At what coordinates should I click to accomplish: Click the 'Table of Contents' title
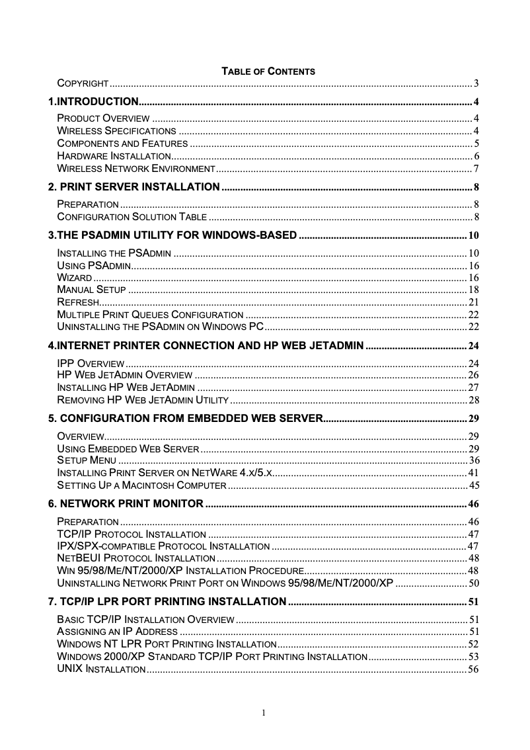pos(268,71)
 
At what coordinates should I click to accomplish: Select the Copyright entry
pos(83,83)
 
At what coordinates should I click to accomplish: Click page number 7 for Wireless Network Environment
pos(476,169)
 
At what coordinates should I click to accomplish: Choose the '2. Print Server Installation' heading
pos(134,186)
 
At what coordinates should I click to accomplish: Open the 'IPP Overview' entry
pos(91,364)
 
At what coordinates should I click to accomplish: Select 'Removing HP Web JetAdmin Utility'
pos(143,401)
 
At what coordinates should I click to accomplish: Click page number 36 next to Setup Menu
pos(473,460)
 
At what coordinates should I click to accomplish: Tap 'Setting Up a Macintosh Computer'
pos(142,485)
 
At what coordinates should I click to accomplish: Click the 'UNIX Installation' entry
pos(101,670)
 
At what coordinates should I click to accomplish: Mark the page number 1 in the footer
pos(264,713)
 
